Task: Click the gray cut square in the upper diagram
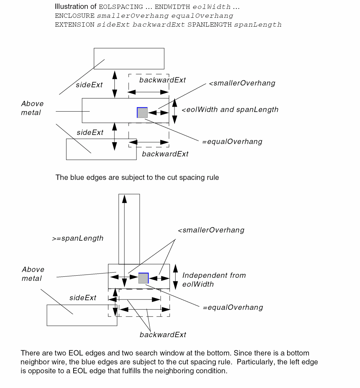click(x=142, y=112)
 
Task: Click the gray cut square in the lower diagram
click(x=143, y=278)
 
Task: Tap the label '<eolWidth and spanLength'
click(x=230, y=110)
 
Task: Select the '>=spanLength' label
click(x=78, y=238)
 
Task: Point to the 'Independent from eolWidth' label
click(x=214, y=280)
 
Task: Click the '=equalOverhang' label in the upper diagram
click(x=232, y=142)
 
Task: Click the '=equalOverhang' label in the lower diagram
click(x=233, y=307)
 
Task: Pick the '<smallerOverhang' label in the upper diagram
click(x=242, y=83)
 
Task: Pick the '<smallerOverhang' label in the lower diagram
click(x=211, y=230)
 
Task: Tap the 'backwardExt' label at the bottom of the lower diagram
click(x=163, y=335)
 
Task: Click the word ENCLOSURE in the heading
click(x=75, y=16)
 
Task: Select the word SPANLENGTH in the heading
click(x=215, y=25)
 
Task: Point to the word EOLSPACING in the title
click(x=117, y=7)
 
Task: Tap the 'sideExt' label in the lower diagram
click(x=83, y=298)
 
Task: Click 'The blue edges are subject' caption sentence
click(x=137, y=177)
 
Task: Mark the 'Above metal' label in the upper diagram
click(x=32, y=108)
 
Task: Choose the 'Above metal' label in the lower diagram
click(x=33, y=274)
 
